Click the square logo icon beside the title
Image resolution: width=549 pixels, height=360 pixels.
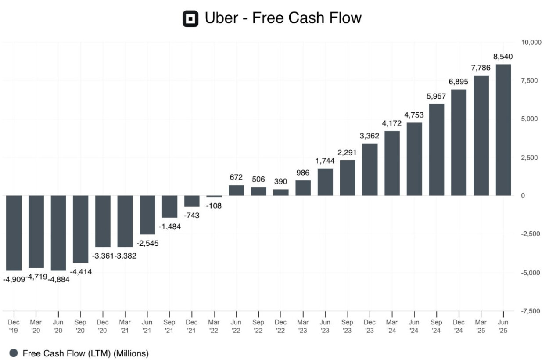(x=190, y=18)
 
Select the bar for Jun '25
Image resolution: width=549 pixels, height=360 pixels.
(x=503, y=130)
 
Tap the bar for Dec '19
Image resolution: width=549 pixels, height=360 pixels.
(x=14, y=233)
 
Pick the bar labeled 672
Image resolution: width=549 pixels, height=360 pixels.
(x=237, y=190)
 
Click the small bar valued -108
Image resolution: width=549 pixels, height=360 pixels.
(x=214, y=196)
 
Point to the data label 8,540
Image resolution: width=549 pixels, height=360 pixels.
(x=503, y=57)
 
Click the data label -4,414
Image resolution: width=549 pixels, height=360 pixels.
(x=81, y=272)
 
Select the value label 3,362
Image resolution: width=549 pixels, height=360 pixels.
(x=370, y=136)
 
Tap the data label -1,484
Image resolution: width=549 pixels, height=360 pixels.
(x=170, y=227)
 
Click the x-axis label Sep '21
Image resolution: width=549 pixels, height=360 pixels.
(x=169, y=326)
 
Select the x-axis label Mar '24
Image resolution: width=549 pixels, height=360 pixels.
(x=392, y=326)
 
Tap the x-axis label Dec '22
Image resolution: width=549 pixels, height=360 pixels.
(x=281, y=326)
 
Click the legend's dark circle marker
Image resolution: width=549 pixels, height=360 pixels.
(x=14, y=353)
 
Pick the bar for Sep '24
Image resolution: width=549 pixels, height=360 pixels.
(x=437, y=150)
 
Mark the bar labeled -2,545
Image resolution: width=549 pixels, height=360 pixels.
(x=147, y=215)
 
